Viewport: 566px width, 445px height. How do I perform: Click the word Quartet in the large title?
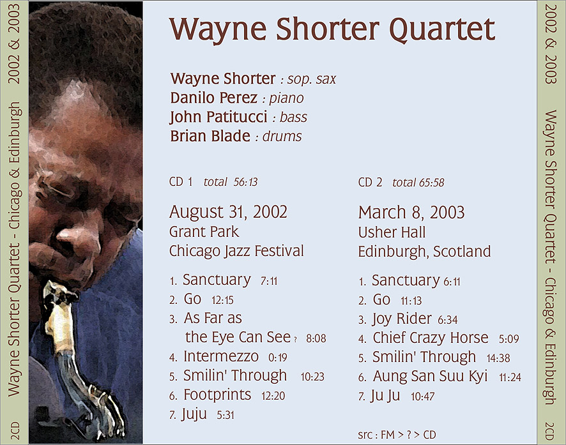[443, 30]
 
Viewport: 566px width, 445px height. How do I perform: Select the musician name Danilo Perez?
[214, 98]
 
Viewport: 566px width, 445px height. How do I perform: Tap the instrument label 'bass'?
[293, 117]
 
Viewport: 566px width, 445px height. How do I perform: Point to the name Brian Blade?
[210, 137]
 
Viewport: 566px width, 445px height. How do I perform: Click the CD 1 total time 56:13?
[245, 182]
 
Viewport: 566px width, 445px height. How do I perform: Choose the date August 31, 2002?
[228, 212]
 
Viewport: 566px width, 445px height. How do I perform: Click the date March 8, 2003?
[411, 213]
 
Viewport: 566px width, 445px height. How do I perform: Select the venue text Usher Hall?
[392, 232]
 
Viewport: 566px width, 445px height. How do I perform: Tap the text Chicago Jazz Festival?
[236, 252]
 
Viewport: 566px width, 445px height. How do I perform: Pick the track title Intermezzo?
[221, 357]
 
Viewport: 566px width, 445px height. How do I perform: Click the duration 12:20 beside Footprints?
[273, 396]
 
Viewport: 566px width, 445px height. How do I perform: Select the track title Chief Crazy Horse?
[431, 338]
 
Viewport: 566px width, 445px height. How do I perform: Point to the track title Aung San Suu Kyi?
[430, 376]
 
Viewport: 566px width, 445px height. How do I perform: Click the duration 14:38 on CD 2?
[498, 358]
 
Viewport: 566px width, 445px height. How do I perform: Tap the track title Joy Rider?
[402, 319]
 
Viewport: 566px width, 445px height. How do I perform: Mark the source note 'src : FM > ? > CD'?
[397, 435]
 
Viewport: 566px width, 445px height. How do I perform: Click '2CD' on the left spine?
[15, 430]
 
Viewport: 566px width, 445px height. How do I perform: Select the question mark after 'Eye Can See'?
[295, 339]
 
